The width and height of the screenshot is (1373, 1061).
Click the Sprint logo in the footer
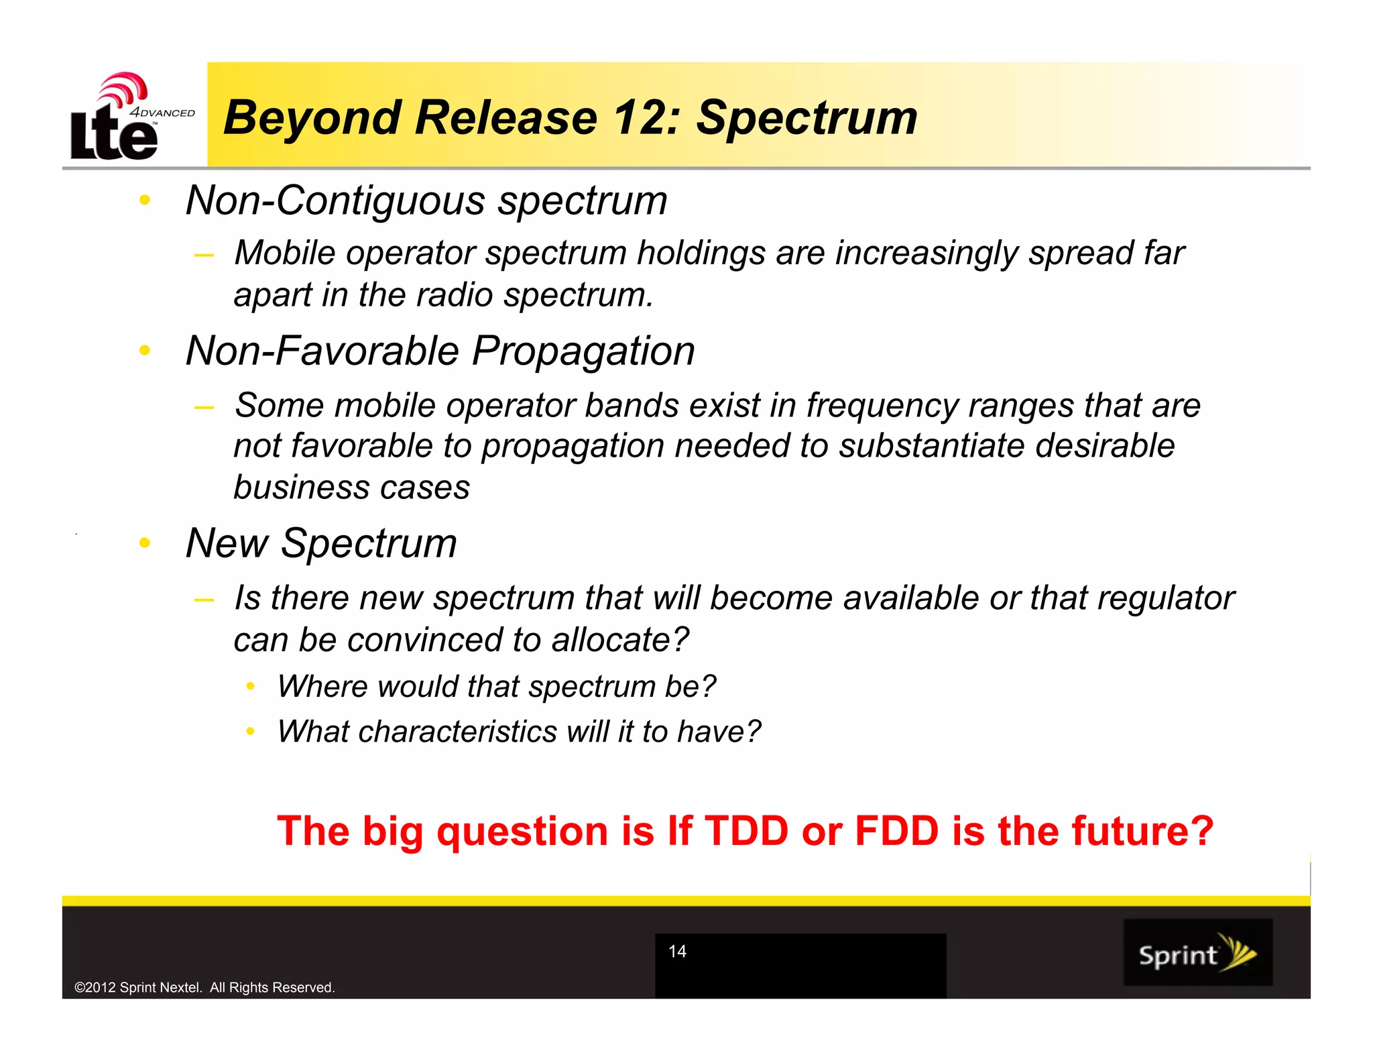(x=1197, y=952)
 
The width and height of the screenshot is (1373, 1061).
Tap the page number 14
(x=677, y=951)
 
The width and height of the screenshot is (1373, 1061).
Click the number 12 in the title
(x=644, y=117)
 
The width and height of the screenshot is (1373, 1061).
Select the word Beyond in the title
(x=312, y=119)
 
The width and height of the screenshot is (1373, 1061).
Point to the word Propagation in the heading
(x=583, y=351)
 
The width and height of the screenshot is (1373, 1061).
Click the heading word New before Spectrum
(x=227, y=543)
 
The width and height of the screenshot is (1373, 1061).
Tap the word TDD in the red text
(x=746, y=831)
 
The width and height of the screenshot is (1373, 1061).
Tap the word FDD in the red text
(x=896, y=831)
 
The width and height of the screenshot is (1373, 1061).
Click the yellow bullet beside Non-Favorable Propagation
(x=145, y=350)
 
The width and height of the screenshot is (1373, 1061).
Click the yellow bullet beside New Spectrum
(x=145, y=543)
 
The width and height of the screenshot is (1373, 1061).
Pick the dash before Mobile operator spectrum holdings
(x=203, y=255)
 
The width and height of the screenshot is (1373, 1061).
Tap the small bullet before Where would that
(x=250, y=686)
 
